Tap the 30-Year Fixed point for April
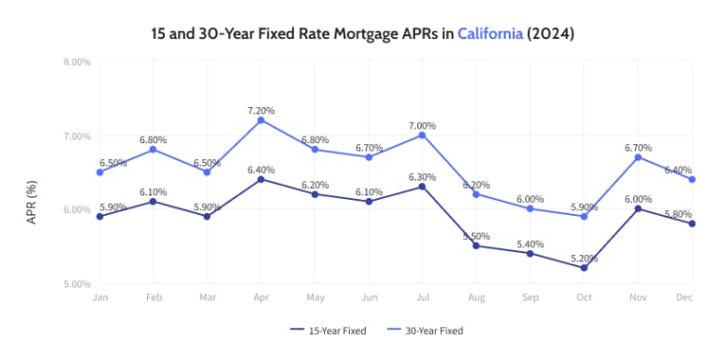pos(261,120)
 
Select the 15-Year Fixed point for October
pos(584,268)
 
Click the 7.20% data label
pos(261,111)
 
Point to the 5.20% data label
pos(584,258)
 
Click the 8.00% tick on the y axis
pos(76,62)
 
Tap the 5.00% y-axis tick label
pos(76,283)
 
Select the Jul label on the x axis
pos(422,298)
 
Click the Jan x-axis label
pos(99,298)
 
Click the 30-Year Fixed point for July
pos(422,135)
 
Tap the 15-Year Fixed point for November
pos(638,208)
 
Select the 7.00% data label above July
pos(422,125)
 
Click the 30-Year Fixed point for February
pos(153,149)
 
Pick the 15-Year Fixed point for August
pos(476,246)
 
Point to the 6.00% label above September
pos(530,199)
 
